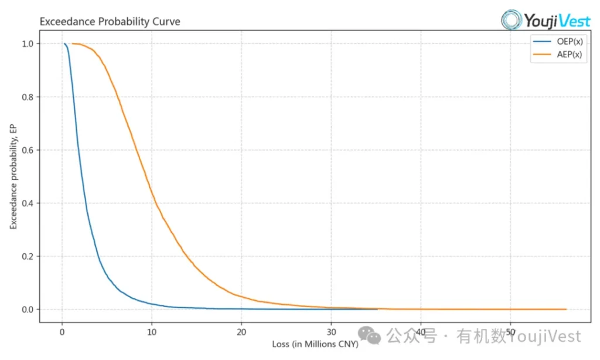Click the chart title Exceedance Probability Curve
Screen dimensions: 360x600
110,22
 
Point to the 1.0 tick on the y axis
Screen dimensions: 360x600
27,44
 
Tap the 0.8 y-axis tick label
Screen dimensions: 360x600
27,97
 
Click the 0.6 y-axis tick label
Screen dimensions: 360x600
27,150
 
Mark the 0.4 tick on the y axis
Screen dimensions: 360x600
27,203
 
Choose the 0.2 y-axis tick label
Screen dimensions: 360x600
27,256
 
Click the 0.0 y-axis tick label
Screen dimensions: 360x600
27,310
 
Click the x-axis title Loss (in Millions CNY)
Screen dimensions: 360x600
315,344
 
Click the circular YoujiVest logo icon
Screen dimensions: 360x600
512,19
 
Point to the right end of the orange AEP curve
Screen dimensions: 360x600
566,309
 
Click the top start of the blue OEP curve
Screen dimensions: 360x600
64,43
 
